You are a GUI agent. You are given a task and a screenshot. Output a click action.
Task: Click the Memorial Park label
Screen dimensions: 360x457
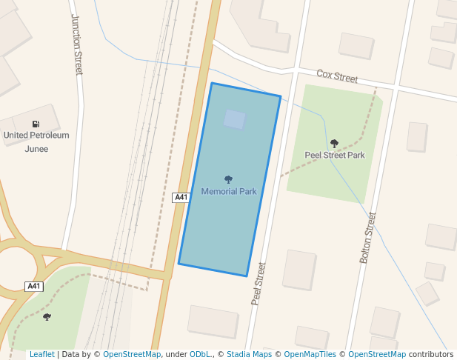(x=229, y=191)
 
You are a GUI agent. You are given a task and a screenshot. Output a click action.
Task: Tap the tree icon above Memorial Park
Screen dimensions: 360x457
(x=228, y=179)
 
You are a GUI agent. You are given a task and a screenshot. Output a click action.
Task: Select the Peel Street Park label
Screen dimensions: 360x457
(x=335, y=156)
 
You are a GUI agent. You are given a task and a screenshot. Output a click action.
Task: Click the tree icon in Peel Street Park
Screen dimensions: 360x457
(x=334, y=144)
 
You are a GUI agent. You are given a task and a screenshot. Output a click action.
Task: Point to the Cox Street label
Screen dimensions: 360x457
(x=337, y=76)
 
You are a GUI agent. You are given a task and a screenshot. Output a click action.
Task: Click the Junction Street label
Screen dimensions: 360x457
(x=76, y=44)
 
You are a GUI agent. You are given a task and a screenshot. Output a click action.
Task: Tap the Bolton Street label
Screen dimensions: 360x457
(x=368, y=238)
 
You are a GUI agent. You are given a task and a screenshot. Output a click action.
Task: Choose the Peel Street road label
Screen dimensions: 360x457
(x=258, y=283)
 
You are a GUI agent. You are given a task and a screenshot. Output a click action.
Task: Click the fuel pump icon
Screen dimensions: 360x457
(x=36, y=124)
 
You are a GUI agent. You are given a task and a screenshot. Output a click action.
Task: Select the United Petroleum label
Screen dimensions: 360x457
(x=36, y=136)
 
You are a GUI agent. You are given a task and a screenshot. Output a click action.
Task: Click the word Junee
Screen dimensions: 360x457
(x=36, y=148)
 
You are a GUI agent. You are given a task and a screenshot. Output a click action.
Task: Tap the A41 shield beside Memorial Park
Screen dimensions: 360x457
(x=181, y=197)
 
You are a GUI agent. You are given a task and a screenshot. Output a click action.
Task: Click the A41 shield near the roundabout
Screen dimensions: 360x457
(x=33, y=286)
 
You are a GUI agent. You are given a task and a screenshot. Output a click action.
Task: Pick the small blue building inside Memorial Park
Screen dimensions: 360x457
(x=234, y=119)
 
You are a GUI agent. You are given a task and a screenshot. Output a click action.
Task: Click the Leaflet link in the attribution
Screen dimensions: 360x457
(x=42, y=354)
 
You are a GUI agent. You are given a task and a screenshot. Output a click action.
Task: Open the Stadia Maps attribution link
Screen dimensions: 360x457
(x=249, y=354)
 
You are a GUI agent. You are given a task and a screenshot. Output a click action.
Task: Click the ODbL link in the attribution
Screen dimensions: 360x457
(x=200, y=354)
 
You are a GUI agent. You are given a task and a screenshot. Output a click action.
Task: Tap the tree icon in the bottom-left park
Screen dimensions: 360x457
(x=47, y=317)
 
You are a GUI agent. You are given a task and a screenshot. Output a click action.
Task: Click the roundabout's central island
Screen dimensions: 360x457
(x=13, y=269)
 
